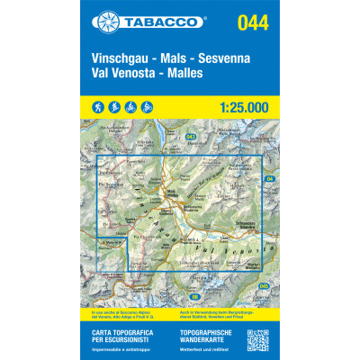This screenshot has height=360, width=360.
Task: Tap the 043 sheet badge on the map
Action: pos(192,137)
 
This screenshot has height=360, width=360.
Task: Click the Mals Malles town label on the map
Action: pos(171,191)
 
